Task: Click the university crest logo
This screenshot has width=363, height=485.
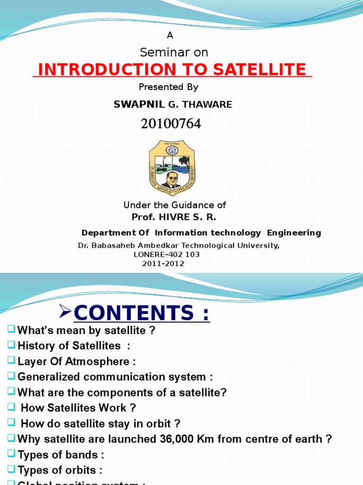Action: pos(172,167)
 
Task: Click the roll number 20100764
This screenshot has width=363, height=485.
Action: pos(171,124)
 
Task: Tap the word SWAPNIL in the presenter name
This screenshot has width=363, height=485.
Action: pos(132,105)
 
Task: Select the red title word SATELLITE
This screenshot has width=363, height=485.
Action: pos(259,70)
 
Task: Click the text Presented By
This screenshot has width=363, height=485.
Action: pos(169,87)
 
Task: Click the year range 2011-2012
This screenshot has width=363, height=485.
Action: pos(163,264)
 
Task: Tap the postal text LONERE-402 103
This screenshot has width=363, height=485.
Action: pos(166,255)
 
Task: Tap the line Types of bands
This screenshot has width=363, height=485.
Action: pos(60,455)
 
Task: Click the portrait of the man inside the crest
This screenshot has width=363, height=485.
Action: pos(172,180)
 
